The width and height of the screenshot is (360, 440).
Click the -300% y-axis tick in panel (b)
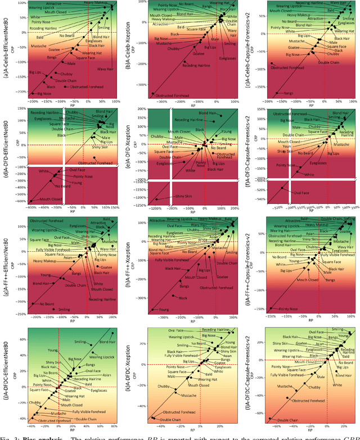tap(137, 93)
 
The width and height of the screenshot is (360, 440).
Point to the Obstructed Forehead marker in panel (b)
tap(152, 94)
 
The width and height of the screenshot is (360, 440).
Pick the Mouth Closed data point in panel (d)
tap(31, 201)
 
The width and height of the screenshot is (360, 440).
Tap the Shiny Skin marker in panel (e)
tap(156, 199)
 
